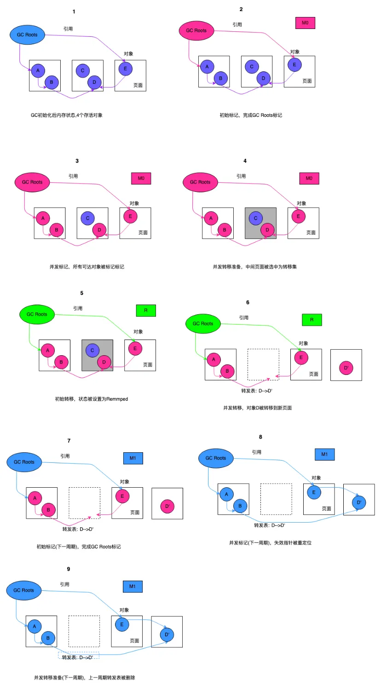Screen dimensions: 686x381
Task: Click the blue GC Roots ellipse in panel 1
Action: click(27, 35)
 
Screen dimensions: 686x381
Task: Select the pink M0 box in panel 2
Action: click(305, 23)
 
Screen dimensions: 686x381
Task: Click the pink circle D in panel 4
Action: click(267, 230)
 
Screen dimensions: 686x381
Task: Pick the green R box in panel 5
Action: click(146, 311)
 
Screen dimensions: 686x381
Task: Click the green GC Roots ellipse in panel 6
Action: click(203, 323)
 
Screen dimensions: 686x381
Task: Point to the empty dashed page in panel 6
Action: click(263, 364)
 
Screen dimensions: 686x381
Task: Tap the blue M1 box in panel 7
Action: click(133, 458)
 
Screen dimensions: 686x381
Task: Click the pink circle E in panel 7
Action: click(122, 496)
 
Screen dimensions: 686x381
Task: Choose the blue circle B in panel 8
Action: click(240, 506)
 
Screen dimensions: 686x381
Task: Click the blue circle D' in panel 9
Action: click(167, 634)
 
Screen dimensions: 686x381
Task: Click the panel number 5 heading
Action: click(82, 293)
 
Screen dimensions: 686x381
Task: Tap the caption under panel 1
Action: click(67, 115)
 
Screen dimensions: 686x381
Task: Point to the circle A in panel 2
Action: click(207, 66)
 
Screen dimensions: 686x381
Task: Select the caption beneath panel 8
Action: click(270, 543)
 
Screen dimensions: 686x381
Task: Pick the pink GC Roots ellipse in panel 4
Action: click(200, 182)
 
